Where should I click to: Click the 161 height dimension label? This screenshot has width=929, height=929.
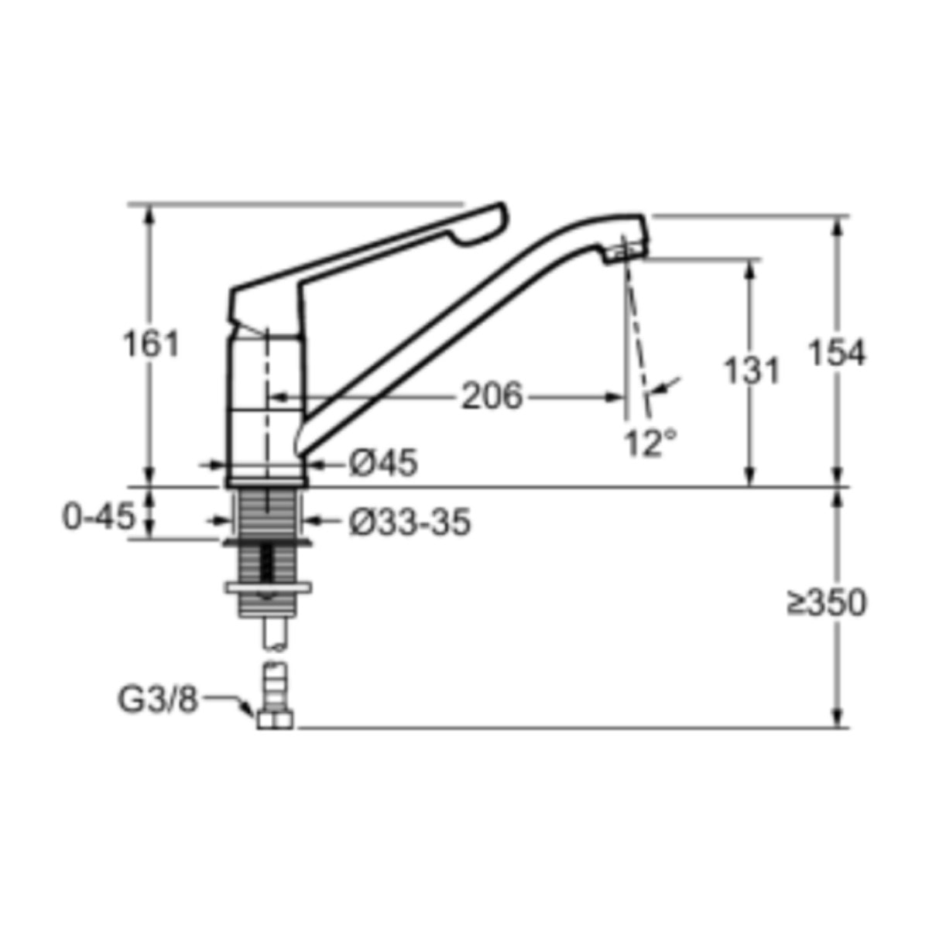(151, 344)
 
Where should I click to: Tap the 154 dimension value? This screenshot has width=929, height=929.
(837, 352)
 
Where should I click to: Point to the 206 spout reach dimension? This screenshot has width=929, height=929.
(492, 396)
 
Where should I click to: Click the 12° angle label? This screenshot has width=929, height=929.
(650, 443)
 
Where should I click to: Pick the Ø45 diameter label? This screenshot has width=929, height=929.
(383, 464)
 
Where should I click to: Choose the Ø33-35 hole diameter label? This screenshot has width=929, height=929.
(410, 522)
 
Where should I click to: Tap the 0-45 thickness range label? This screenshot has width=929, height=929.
(98, 517)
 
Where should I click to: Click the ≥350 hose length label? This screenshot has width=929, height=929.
(826, 602)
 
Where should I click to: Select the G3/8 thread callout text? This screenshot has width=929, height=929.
(158, 700)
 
